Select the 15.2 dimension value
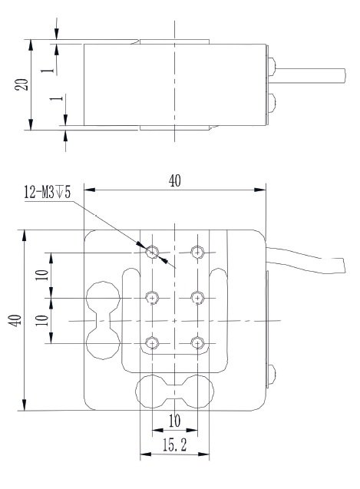173,446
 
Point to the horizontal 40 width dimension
174,180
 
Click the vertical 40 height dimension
14,320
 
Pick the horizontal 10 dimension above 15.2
174,421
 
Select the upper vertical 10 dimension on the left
42,274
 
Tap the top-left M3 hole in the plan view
152,251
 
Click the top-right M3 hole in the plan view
198,251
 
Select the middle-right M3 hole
198,297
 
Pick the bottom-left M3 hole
152,342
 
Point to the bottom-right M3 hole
198,342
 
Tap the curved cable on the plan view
307,257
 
